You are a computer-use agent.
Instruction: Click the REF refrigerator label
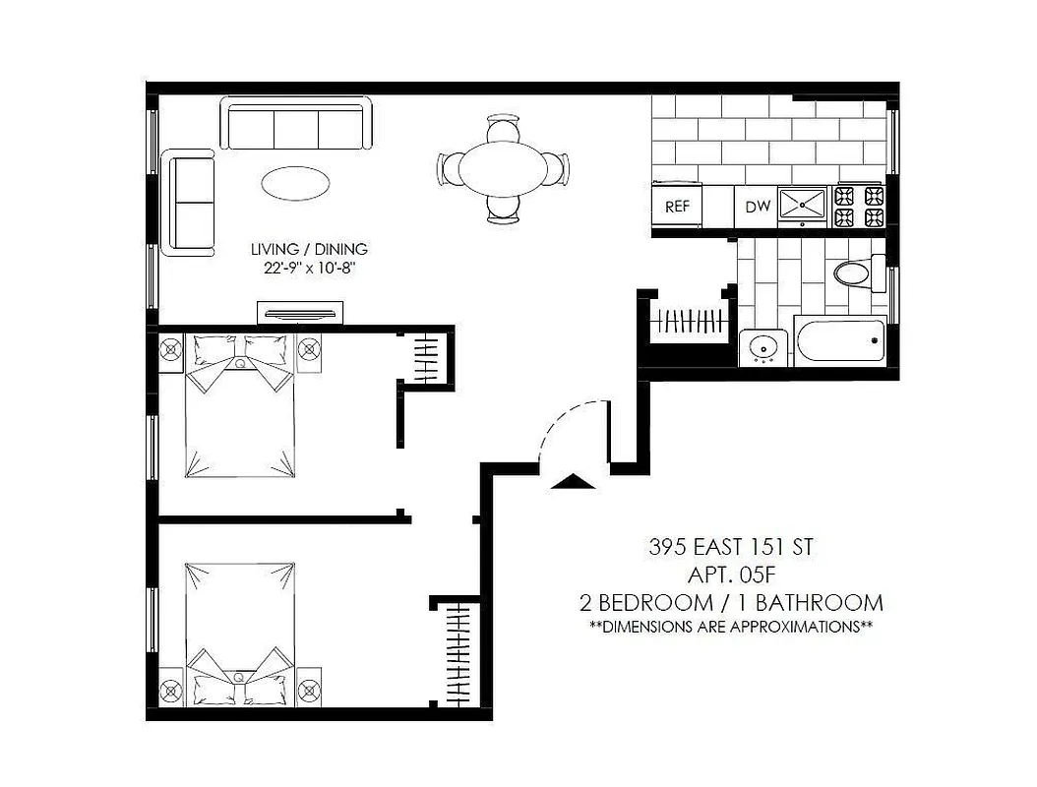click(676, 207)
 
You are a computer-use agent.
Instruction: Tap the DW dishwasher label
click(757, 207)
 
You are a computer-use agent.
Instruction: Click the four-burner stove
click(859, 205)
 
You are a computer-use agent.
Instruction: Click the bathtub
click(842, 341)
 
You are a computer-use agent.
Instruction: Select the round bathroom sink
click(762, 346)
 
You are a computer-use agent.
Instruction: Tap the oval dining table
click(503, 168)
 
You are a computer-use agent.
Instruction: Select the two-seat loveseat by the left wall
click(191, 203)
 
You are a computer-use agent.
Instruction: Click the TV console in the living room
click(301, 314)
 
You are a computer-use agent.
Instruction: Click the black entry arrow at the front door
click(572, 480)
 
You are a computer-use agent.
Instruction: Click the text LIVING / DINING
click(308, 250)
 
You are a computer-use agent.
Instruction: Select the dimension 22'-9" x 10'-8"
click(308, 270)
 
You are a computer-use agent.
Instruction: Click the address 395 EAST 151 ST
click(730, 546)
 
